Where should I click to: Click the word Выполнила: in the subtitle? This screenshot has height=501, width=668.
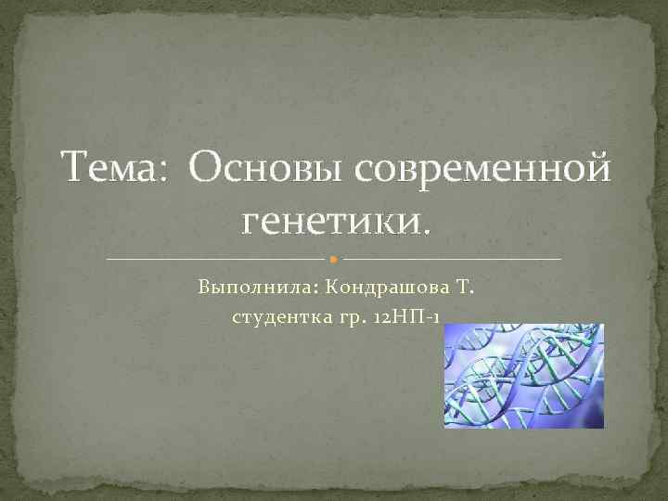click(x=242, y=288)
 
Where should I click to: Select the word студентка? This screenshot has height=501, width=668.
click(x=277, y=318)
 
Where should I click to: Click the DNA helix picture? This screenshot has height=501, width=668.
click(x=523, y=376)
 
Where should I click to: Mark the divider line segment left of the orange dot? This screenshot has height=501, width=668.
click(x=218, y=258)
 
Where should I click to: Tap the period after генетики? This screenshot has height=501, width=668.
click(x=427, y=232)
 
